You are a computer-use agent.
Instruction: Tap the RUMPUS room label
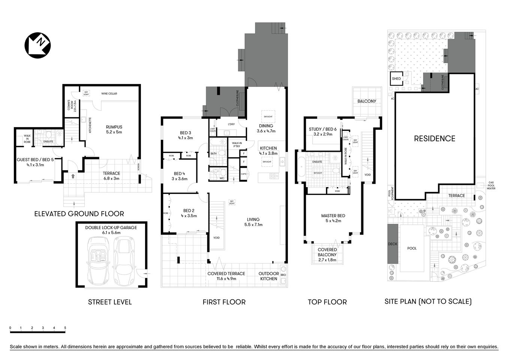click(114, 129)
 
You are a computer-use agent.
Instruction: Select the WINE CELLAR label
click(109, 93)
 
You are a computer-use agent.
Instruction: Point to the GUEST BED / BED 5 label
click(30, 162)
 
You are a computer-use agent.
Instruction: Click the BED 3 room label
click(185, 135)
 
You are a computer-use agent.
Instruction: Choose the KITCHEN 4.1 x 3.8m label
click(268, 150)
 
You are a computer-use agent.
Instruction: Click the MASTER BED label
click(333, 218)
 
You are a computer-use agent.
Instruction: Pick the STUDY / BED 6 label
click(323, 131)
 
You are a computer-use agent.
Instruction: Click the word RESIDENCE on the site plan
click(434, 138)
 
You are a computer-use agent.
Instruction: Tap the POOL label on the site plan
click(412, 248)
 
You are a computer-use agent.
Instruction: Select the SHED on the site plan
click(396, 79)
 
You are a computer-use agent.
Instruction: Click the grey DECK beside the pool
click(392, 244)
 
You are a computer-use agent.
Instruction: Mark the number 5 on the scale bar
click(65, 328)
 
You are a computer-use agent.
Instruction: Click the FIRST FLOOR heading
click(224, 302)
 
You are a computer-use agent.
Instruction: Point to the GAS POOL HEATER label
click(491, 185)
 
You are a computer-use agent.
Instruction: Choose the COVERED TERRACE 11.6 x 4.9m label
click(226, 276)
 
